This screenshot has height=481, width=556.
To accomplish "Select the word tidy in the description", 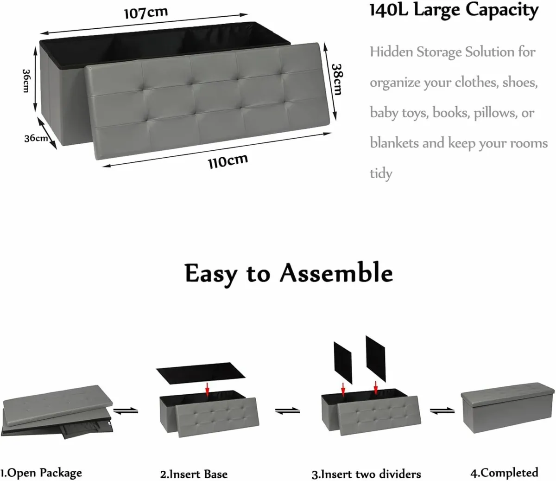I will pyautogui.click(x=381, y=173).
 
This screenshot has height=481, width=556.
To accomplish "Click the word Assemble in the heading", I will pyautogui.click(x=336, y=273).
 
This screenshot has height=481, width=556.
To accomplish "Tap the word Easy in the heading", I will pyautogui.click(x=211, y=274).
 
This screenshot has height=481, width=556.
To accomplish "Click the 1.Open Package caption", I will pyautogui.click(x=41, y=473).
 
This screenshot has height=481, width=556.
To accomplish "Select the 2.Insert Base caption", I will pyautogui.click(x=194, y=474).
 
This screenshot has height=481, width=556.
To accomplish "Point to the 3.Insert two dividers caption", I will pyautogui.click(x=366, y=474).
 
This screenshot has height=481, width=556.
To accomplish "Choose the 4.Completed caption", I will pyautogui.click(x=504, y=473).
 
